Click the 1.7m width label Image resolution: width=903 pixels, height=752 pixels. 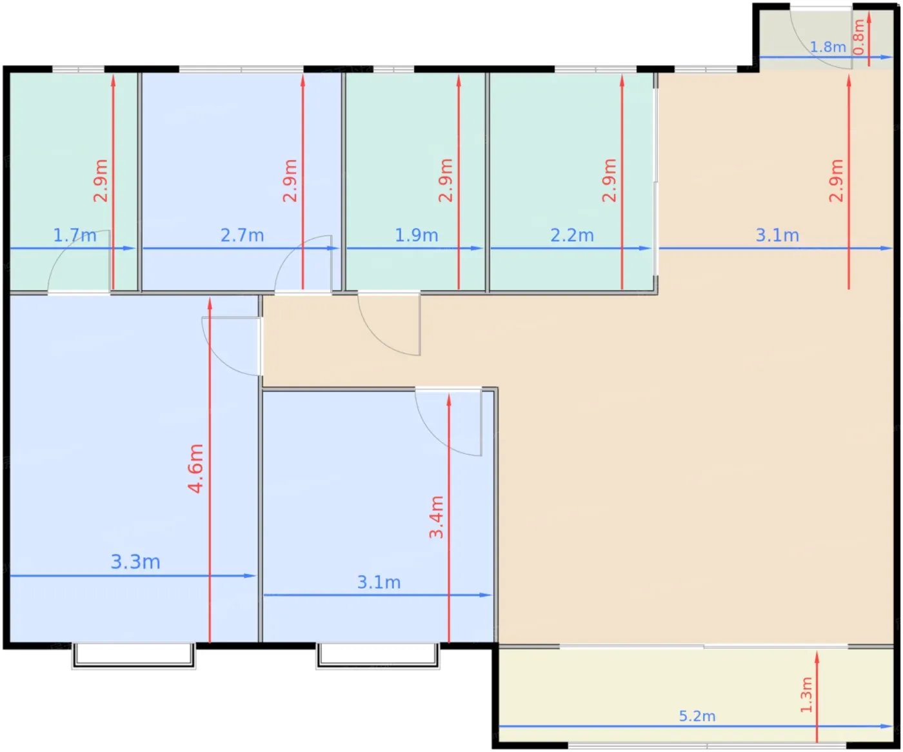click(x=75, y=235)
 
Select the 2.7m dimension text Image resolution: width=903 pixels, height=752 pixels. click(x=242, y=235)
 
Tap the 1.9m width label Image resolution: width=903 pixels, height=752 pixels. click(x=417, y=235)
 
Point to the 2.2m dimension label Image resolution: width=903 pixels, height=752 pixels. click(x=571, y=235)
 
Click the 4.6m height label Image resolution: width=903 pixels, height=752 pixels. click(x=195, y=468)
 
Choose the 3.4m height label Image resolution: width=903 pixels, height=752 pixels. click(x=437, y=517)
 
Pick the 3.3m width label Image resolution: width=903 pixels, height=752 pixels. click(x=135, y=562)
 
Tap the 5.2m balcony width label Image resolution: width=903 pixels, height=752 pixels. click(x=697, y=716)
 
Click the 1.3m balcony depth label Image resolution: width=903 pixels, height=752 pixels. click(x=806, y=695)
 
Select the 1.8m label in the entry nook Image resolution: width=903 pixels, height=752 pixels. click(x=828, y=46)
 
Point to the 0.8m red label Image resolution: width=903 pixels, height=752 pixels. click(x=859, y=37)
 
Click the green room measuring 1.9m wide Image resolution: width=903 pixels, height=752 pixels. click(x=415, y=182)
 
